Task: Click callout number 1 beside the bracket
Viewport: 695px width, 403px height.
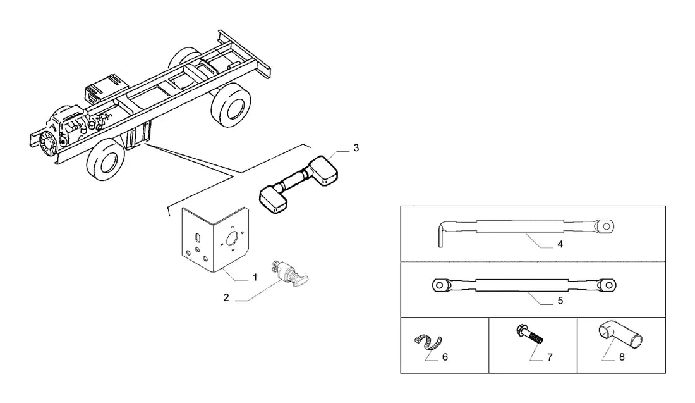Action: click(255, 277)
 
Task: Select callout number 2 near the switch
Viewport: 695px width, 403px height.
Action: click(226, 298)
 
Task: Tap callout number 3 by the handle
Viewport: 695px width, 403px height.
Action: click(356, 148)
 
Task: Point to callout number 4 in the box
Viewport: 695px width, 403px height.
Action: click(560, 244)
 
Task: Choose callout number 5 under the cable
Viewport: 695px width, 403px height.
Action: click(560, 301)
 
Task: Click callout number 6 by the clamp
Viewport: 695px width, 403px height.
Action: click(445, 357)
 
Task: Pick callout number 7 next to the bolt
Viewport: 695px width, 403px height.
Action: click(550, 357)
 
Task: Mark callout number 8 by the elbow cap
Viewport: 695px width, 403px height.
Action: click(622, 357)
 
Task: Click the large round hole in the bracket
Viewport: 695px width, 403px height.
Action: click(232, 240)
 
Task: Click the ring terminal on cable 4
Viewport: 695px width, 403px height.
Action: click(605, 227)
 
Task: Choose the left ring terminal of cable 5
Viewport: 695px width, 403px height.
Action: click(442, 285)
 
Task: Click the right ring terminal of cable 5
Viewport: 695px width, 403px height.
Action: click(607, 285)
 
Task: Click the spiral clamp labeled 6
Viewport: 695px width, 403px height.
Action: click(428, 342)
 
